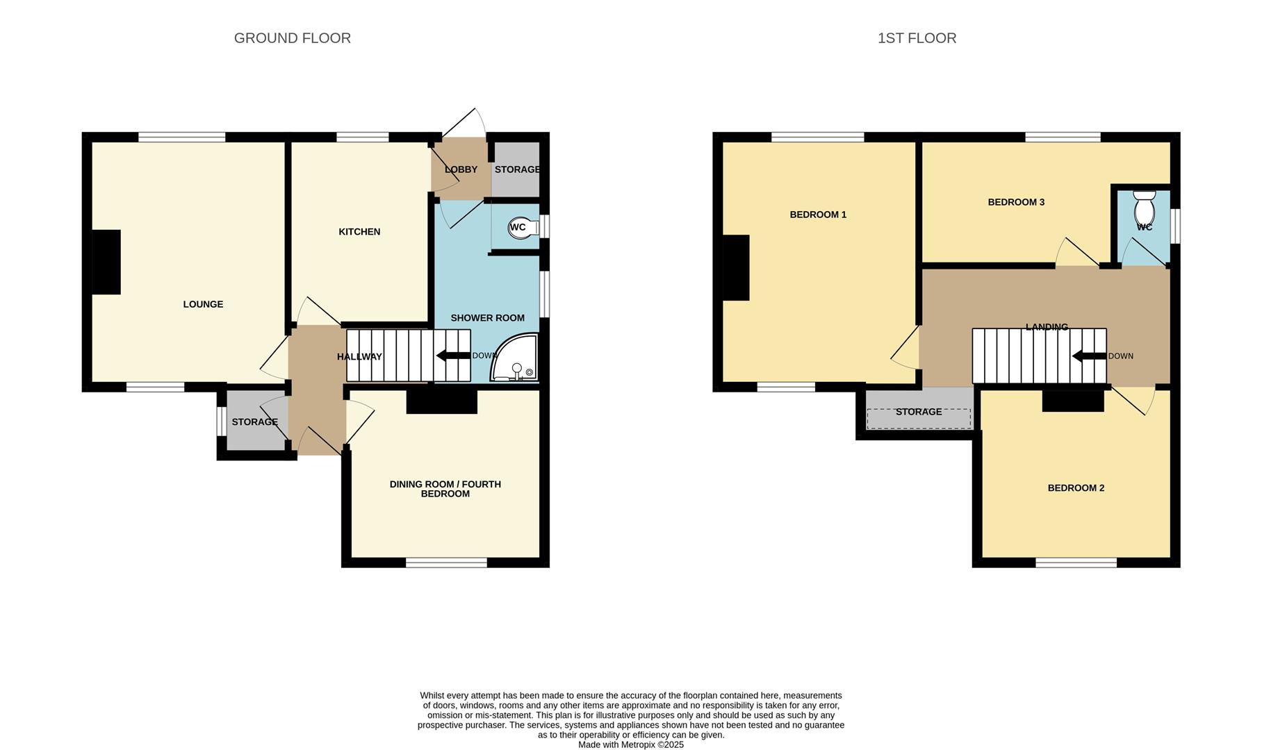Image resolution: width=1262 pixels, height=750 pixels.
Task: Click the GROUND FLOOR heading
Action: pyautogui.click(x=292, y=38)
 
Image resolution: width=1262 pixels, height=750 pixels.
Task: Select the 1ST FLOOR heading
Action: pyautogui.click(x=917, y=38)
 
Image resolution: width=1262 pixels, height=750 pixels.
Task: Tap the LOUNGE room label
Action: pyautogui.click(x=203, y=304)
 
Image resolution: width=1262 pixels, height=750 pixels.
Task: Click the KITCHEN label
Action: pyautogui.click(x=359, y=232)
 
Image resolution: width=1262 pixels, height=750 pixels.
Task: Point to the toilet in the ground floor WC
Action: pyautogui.click(x=525, y=228)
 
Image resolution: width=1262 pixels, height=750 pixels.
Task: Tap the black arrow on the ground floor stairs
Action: pyautogui.click(x=452, y=356)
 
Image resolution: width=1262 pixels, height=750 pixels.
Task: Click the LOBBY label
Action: pyautogui.click(x=461, y=169)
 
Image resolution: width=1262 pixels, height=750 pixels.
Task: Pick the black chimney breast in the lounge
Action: pyautogui.click(x=106, y=262)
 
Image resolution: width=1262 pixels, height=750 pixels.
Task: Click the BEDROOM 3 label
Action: pyautogui.click(x=1016, y=202)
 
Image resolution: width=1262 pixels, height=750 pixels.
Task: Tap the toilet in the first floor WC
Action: pyautogui.click(x=1144, y=206)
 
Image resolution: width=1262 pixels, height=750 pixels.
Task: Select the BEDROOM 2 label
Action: pyautogui.click(x=1076, y=488)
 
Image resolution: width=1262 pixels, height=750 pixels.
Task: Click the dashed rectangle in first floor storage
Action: pyautogui.click(x=919, y=419)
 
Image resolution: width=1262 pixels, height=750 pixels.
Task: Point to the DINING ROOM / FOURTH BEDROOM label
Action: pyautogui.click(x=445, y=489)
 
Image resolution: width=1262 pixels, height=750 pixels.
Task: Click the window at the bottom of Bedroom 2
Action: pyautogui.click(x=1076, y=562)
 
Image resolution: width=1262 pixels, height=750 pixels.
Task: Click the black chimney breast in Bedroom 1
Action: pyautogui.click(x=737, y=268)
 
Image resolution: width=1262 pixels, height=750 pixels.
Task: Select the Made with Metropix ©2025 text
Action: pyautogui.click(x=631, y=744)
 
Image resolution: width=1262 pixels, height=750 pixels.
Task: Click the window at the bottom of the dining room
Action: pyautogui.click(x=446, y=562)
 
